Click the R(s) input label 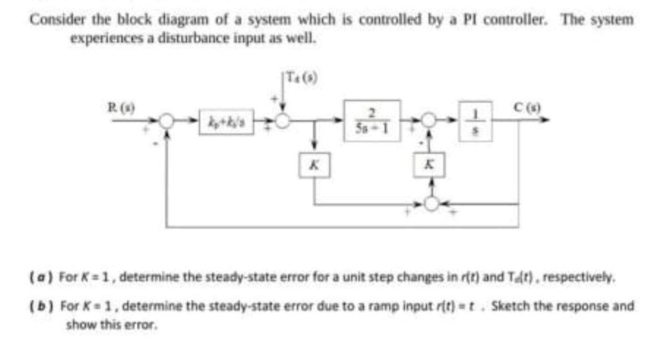coord(114,104)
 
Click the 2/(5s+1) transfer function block coord(371,121)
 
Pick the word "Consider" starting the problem coord(50,21)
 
